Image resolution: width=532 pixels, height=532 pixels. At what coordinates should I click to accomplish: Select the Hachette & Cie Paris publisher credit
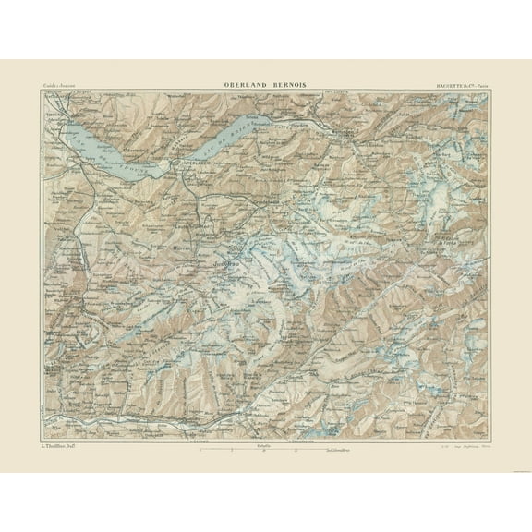[463, 86]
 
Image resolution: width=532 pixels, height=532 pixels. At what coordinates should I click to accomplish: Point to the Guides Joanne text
[57, 86]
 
